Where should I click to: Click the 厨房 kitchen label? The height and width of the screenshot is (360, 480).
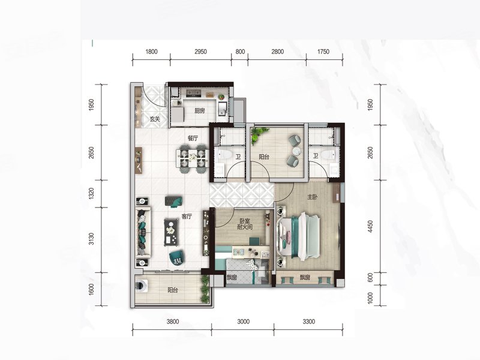[x=200, y=111]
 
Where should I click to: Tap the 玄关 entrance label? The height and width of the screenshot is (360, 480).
[x=155, y=119]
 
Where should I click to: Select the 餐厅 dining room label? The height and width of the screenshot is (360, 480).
[x=193, y=138]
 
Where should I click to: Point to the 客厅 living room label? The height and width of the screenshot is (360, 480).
[x=187, y=217]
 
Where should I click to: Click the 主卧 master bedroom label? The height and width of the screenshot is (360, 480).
[x=312, y=197]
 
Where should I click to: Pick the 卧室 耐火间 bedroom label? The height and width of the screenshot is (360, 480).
[x=245, y=224]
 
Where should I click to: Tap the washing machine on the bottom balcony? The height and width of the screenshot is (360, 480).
[x=141, y=287]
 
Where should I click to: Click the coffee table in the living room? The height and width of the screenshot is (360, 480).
[x=172, y=232]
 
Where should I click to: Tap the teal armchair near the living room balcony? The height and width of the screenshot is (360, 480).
[x=177, y=257]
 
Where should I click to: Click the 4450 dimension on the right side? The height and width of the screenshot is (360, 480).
[x=370, y=227]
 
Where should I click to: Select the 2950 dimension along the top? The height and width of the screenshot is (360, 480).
[x=200, y=52]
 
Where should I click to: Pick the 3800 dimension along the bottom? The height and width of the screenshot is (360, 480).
[x=173, y=322]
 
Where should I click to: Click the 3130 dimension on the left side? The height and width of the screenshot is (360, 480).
[x=91, y=239]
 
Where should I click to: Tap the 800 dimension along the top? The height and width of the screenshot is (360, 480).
[x=240, y=52]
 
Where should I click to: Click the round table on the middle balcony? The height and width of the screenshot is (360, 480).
[x=296, y=151]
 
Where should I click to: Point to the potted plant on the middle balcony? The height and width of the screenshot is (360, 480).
[x=259, y=135]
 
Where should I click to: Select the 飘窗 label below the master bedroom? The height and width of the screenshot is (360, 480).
[x=305, y=278]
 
